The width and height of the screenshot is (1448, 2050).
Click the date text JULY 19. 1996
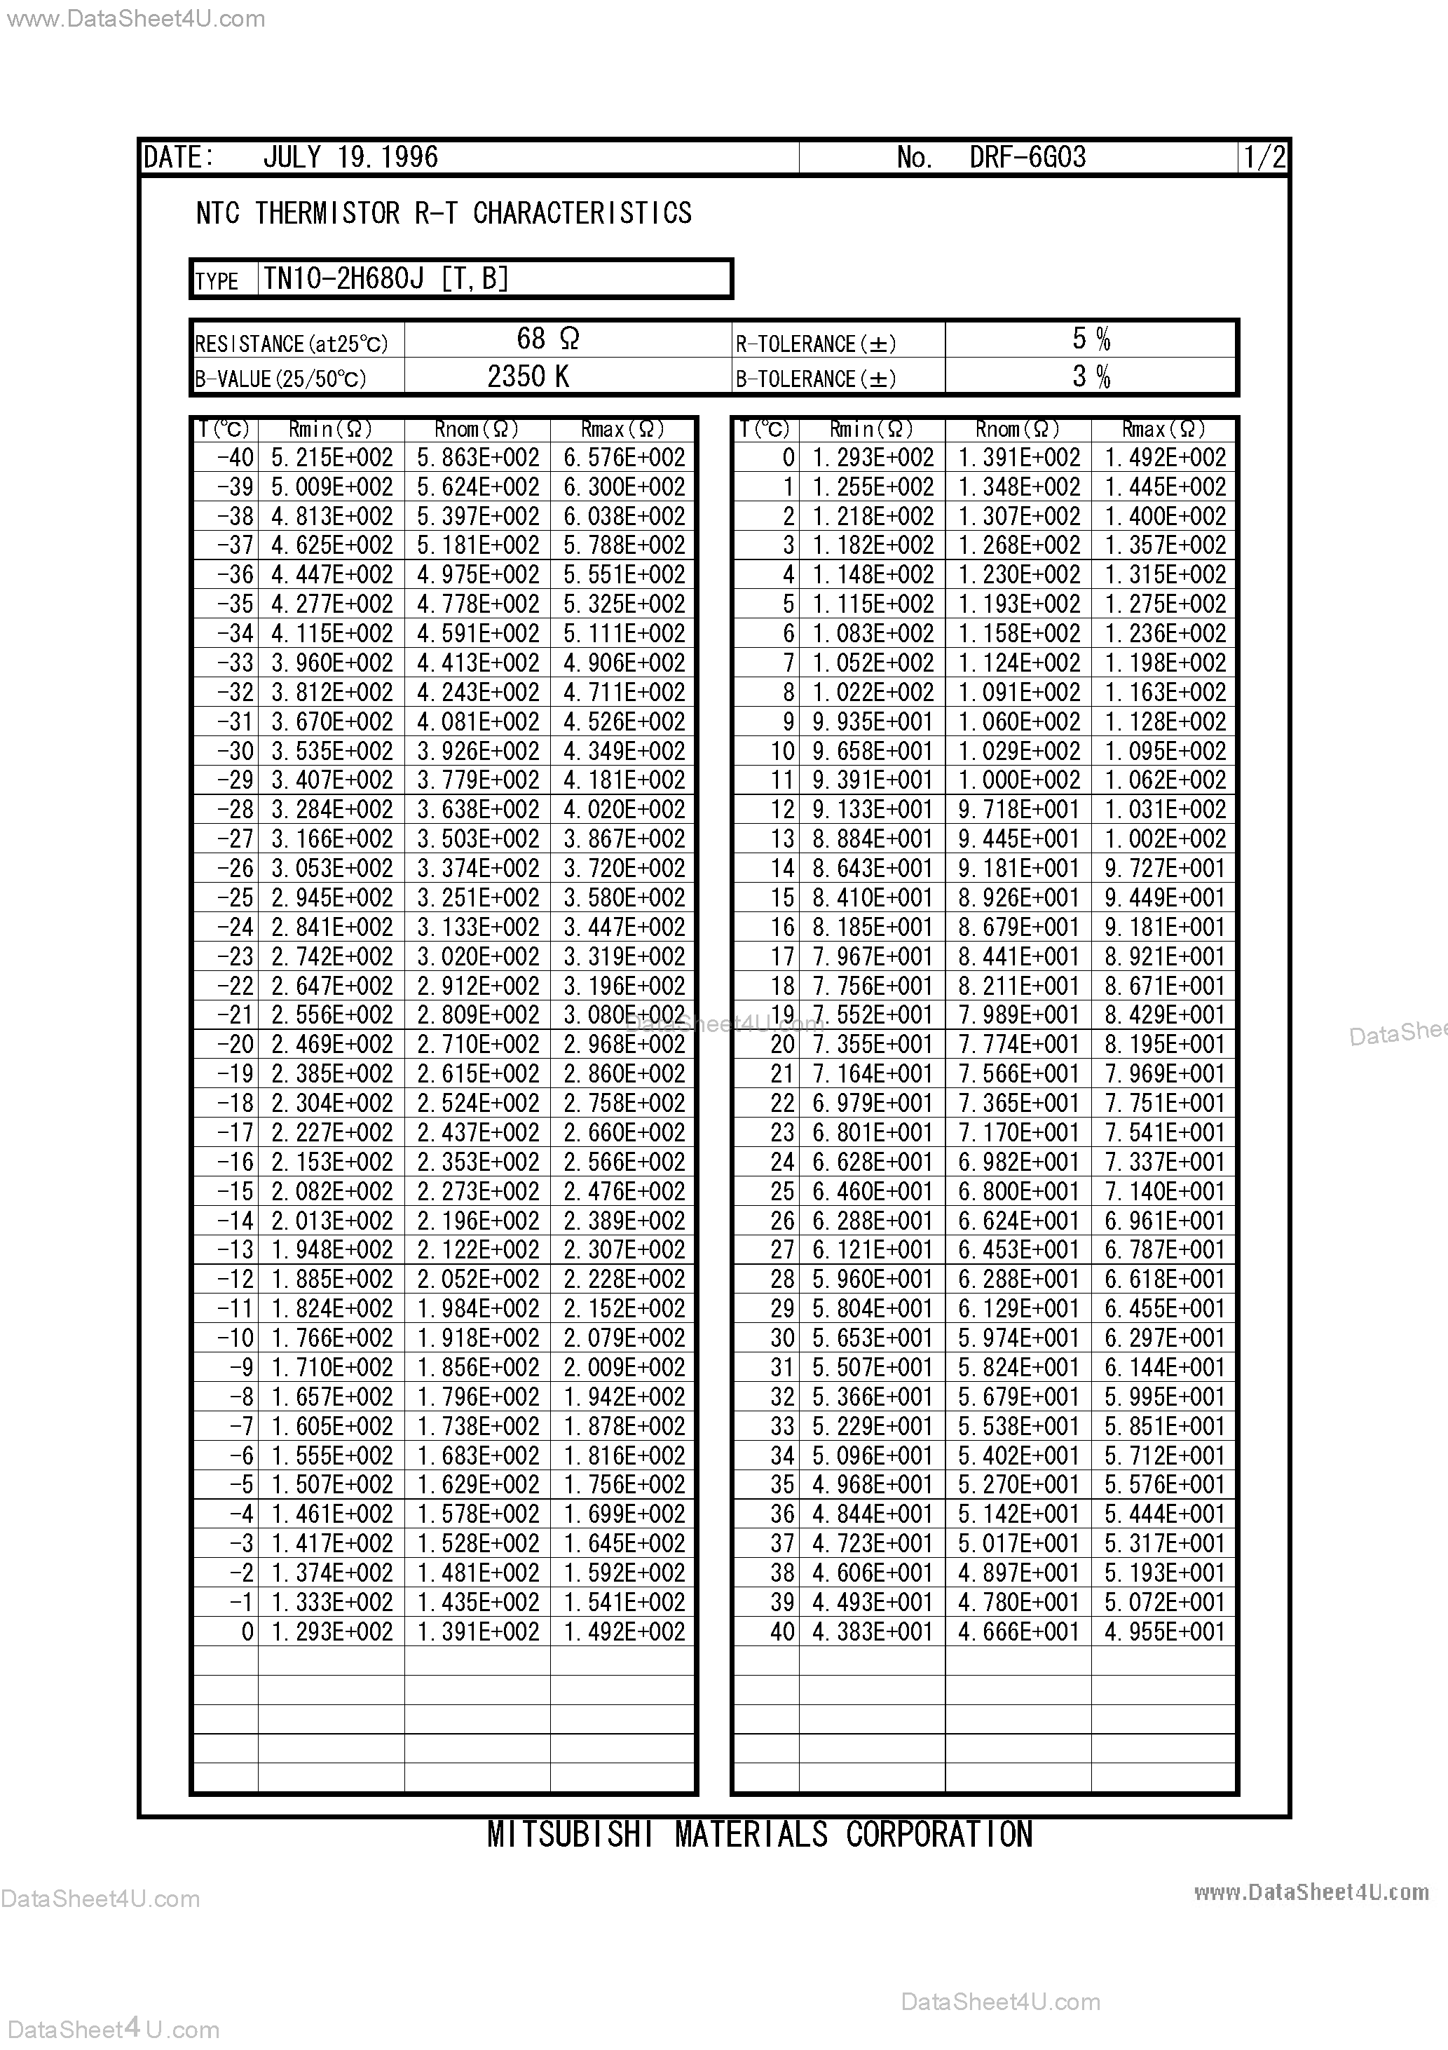coord(350,157)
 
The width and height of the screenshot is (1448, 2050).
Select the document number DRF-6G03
coord(1027,157)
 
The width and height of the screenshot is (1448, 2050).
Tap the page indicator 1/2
coord(1265,158)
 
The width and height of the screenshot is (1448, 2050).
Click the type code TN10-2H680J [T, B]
coord(385,280)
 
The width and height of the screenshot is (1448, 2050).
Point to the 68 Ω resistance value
coord(548,339)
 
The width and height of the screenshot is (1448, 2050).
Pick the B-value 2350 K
coord(528,376)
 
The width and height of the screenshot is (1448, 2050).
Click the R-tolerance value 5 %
coord(1091,339)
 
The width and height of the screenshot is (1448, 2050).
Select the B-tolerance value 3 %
coord(1091,376)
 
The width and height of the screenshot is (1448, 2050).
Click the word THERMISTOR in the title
coord(327,213)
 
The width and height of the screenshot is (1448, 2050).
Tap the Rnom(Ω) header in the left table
coord(477,430)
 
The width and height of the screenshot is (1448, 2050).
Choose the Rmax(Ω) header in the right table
coord(1163,430)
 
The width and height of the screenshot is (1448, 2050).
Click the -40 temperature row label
coord(235,458)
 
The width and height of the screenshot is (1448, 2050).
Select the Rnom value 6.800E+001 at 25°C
coord(1018,1192)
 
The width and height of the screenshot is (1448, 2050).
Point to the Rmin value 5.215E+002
coord(332,458)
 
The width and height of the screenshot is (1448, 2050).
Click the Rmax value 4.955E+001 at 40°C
coord(1164,1632)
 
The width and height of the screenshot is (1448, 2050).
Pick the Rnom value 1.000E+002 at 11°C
coord(1018,780)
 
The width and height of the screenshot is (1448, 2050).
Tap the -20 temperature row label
coord(235,1045)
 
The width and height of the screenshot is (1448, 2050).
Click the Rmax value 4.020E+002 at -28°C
coord(624,810)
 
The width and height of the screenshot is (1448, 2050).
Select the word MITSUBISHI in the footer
coord(570,1834)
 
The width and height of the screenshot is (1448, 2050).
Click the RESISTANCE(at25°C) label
coord(291,344)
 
